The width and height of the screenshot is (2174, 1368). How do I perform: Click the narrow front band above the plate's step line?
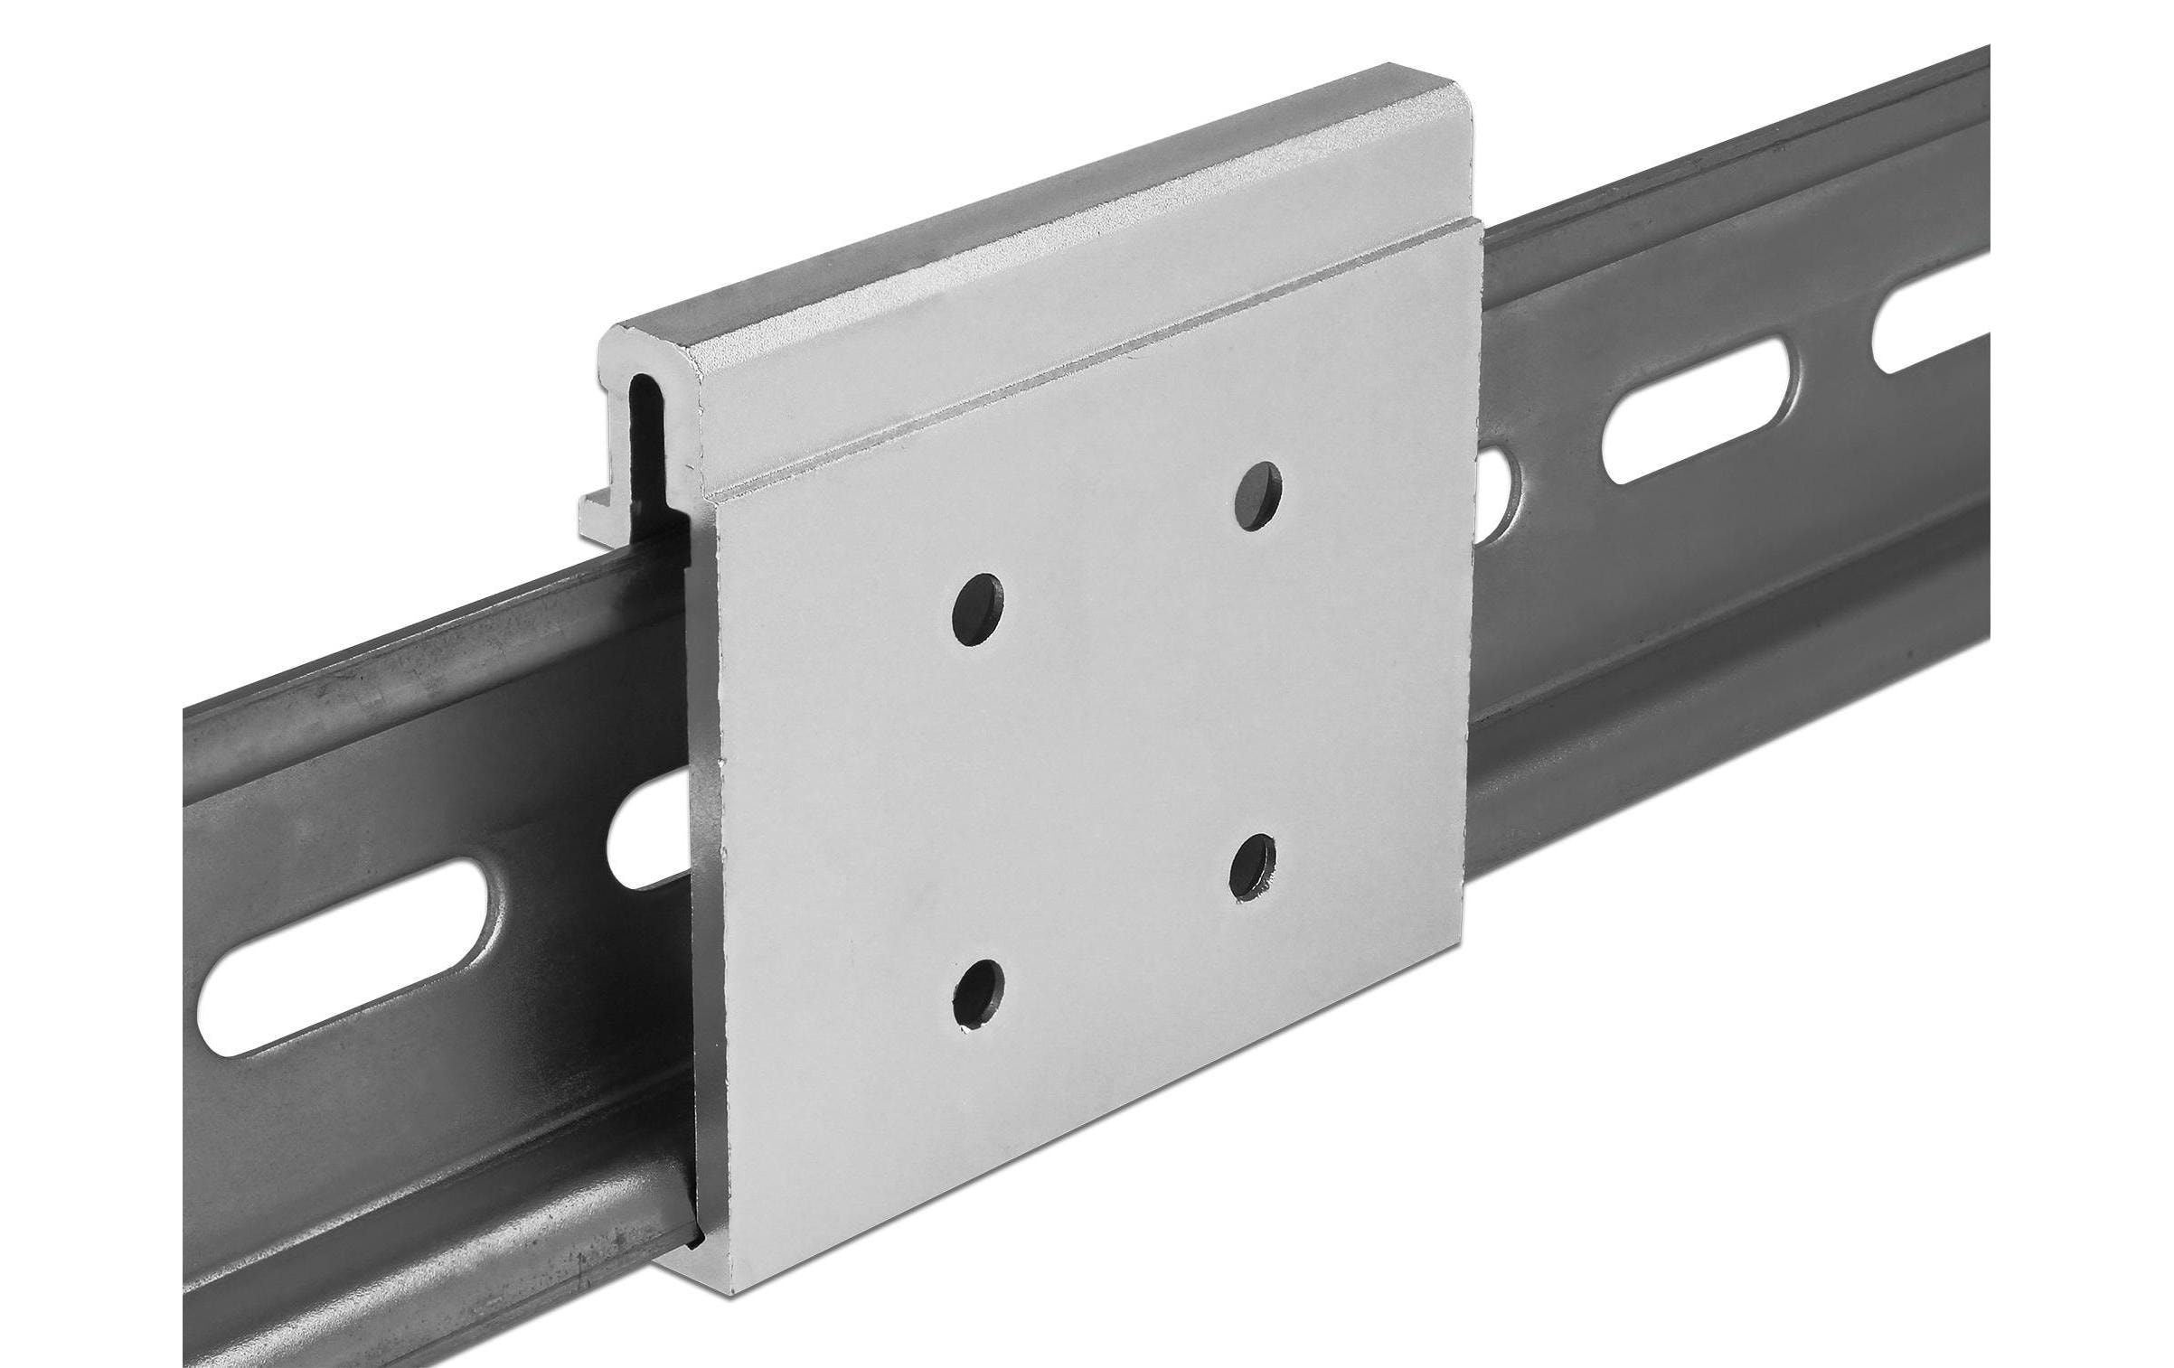[x=1130, y=352]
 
